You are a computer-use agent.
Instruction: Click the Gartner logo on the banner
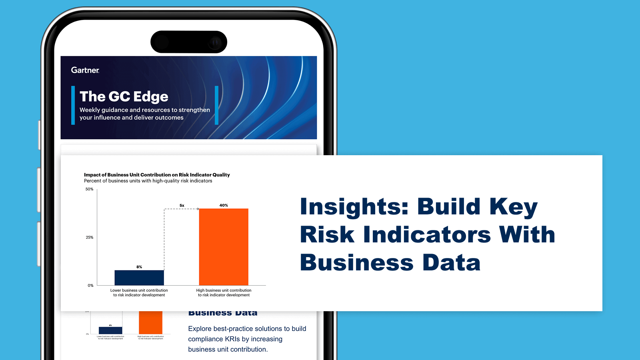pos(85,70)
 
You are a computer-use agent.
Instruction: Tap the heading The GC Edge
pos(124,96)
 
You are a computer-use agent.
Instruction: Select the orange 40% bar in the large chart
pos(224,246)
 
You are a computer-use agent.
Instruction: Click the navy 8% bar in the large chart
pos(139,278)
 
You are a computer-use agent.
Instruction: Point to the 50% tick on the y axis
pos(90,189)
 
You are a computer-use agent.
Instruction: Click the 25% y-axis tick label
pos(90,237)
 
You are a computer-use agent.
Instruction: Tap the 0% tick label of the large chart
pos(90,285)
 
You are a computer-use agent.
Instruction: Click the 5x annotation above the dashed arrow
pos(182,205)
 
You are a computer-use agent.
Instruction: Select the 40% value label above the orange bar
pos(224,205)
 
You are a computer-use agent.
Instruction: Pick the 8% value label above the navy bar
pos(139,267)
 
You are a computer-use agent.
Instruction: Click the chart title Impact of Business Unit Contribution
pos(157,175)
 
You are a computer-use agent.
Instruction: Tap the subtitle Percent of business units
pos(148,181)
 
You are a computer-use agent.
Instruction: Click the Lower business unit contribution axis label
pos(139,293)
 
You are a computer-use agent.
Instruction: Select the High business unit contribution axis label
pos(224,293)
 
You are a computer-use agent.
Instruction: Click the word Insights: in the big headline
pos(354,207)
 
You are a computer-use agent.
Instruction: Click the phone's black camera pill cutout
pos(189,42)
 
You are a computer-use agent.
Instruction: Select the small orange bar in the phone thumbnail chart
pos(150,322)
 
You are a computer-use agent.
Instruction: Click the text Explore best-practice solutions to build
pos(247,329)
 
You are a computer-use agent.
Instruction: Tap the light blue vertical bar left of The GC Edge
pos(73,105)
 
